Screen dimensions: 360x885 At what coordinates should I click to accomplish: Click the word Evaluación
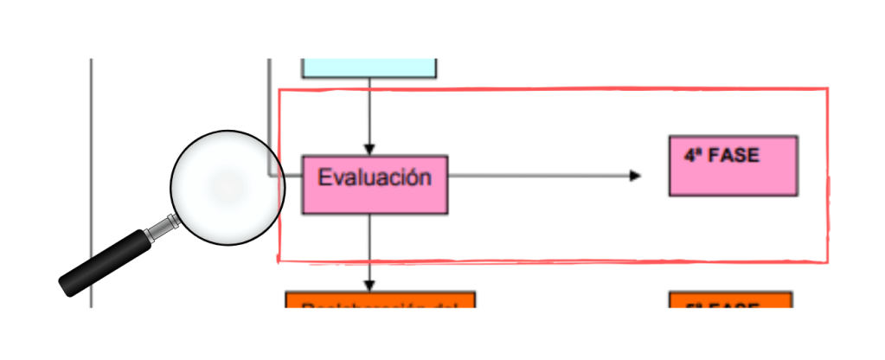[374, 178]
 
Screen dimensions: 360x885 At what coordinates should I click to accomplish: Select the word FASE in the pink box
[733, 157]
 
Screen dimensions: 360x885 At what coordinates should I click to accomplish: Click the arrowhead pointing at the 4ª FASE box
[636, 176]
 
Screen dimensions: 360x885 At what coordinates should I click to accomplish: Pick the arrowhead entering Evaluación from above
[369, 149]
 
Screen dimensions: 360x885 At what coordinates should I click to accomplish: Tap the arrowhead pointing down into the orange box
[369, 286]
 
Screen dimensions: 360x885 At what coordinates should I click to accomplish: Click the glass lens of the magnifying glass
[222, 187]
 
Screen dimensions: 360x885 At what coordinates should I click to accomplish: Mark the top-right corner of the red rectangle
[827, 89]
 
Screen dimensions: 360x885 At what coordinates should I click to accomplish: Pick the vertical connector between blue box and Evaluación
[369, 112]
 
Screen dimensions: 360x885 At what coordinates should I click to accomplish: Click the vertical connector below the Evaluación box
[369, 247]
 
